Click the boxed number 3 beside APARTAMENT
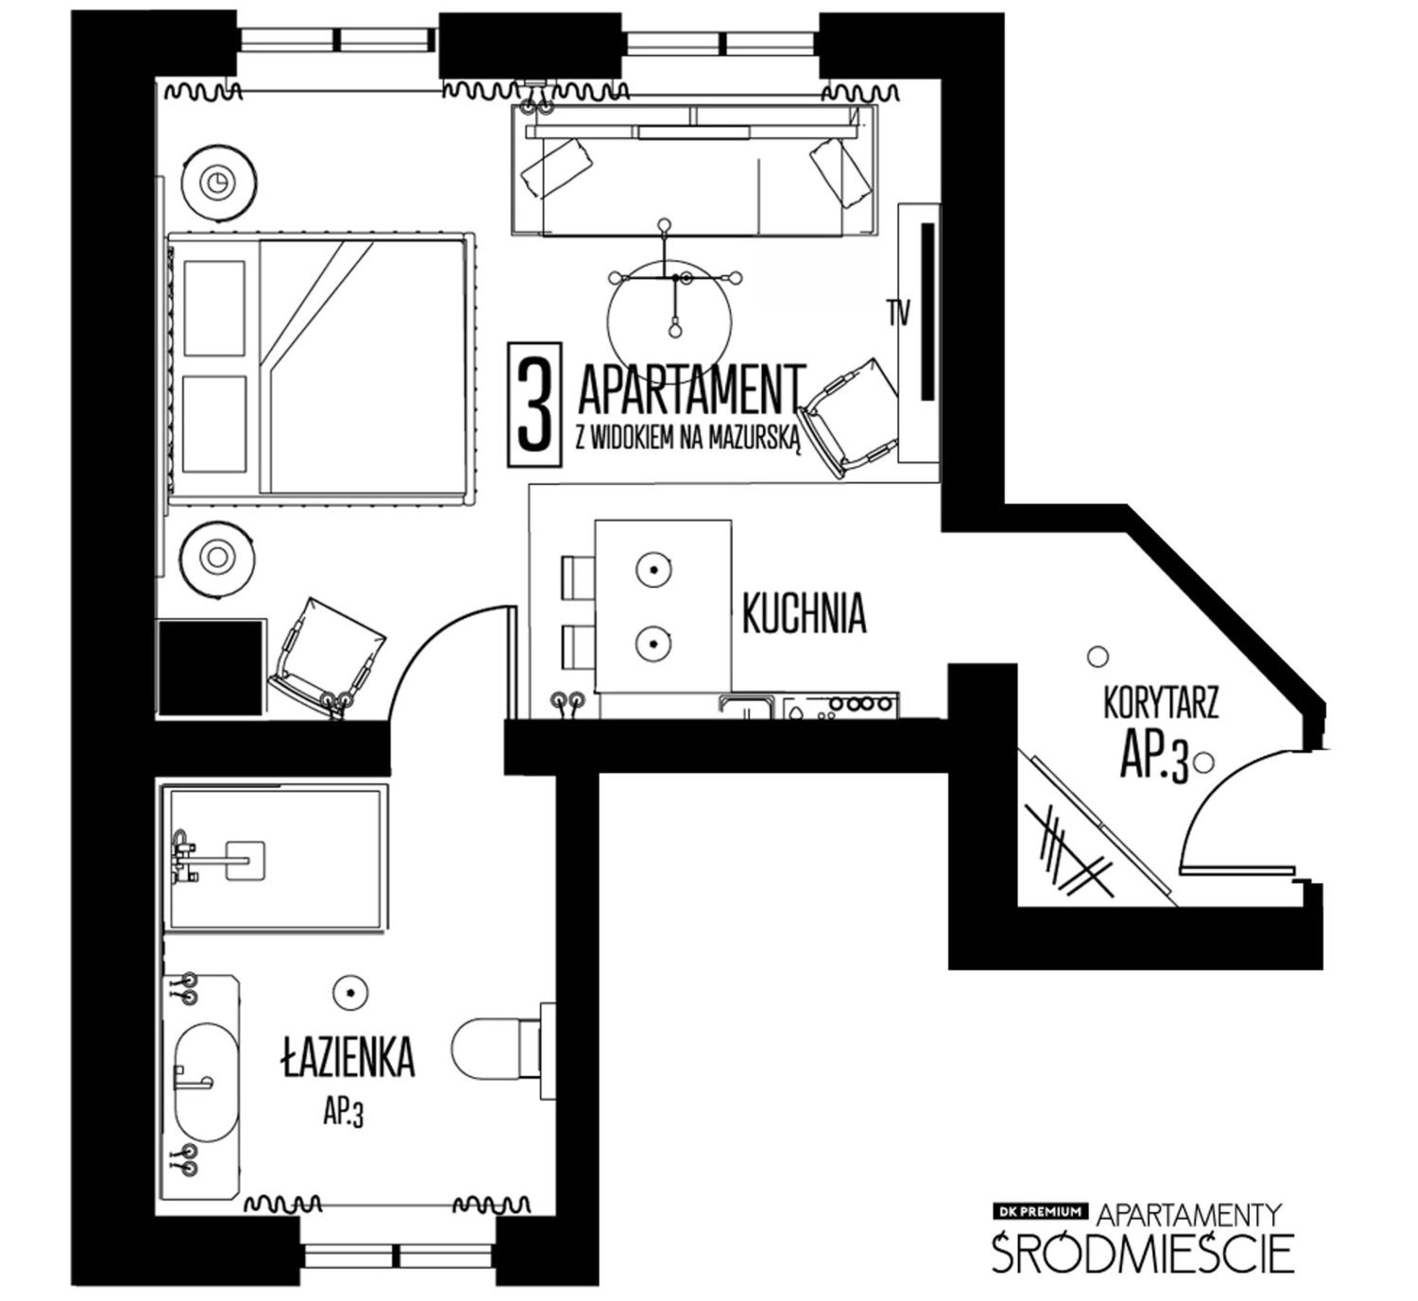pyautogui.click(x=535, y=404)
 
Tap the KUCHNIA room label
pyautogui.click(x=804, y=613)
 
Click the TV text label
pyautogui.click(x=899, y=313)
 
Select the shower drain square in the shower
pyautogui.click(x=245, y=860)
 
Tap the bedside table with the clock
pyautogui.click(x=219, y=183)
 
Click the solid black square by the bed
pyautogui.click(x=210, y=667)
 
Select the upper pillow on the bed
pyautogui.click(x=215, y=309)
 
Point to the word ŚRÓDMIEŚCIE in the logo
pyautogui.click(x=1143, y=1250)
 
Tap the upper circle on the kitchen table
pyautogui.click(x=653, y=569)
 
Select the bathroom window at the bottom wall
pyautogui.click(x=398, y=1256)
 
